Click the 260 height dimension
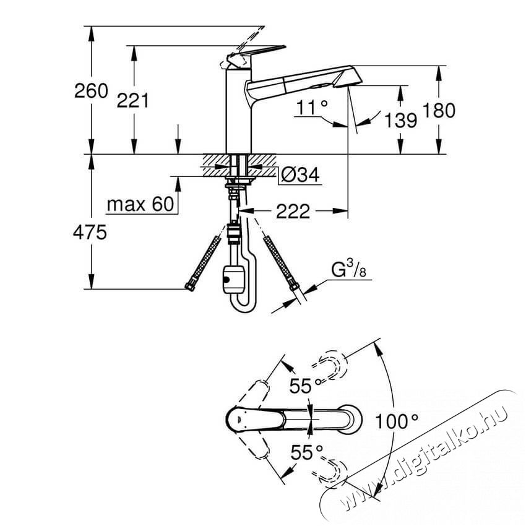(91, 91)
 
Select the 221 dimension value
(132, 101)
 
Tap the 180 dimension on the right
(439, 110)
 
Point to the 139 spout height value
(400, 120)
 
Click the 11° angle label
(312, 107)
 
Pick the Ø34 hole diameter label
(300, 175)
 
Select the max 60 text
(140, 204)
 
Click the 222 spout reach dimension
(293, 212)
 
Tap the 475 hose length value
(90, 232)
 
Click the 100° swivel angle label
(397, 421)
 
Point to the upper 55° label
(306, 386)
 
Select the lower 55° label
(306, 452)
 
